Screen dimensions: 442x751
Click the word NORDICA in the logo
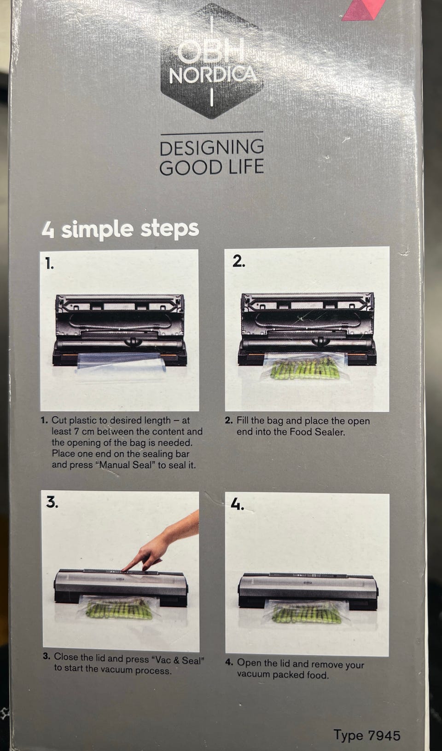tap(213, 75)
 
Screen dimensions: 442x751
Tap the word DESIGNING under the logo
tap(212, 148)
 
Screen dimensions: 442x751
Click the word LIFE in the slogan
tap(246, 167)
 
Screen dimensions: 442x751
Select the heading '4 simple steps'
tap(120, 230)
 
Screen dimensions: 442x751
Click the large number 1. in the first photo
tap(50, 263)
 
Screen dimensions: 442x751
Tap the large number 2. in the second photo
tap(238, 261)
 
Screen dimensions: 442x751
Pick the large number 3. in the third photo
tap(52, 502)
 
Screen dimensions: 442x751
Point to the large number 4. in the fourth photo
tap(237, 504)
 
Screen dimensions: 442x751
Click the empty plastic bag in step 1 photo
tap(121, 361)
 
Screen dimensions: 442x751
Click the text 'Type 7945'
tap(367, 735)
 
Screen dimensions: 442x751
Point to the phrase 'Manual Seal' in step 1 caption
tap(128, 465)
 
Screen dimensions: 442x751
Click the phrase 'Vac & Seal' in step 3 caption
tap(178, 660)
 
